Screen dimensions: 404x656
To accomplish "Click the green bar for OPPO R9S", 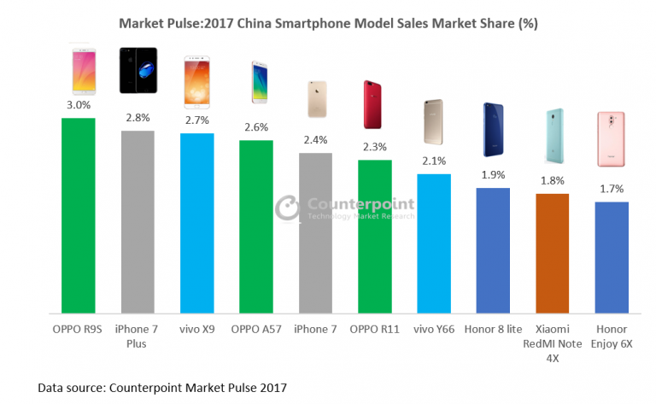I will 79,215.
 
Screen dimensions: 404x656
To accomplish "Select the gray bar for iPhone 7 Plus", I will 138,222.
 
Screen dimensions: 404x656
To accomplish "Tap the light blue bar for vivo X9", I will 196,224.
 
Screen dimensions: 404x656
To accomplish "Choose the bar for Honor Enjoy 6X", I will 612,257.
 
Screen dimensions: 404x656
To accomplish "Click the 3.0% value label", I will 79,106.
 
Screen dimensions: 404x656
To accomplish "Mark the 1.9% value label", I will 493,175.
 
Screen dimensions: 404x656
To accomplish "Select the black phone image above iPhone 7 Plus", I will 138,70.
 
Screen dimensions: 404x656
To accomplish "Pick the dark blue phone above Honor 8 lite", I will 493,130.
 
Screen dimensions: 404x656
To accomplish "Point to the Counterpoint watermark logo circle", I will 289,208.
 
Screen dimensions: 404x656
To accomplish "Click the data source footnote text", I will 162,388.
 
